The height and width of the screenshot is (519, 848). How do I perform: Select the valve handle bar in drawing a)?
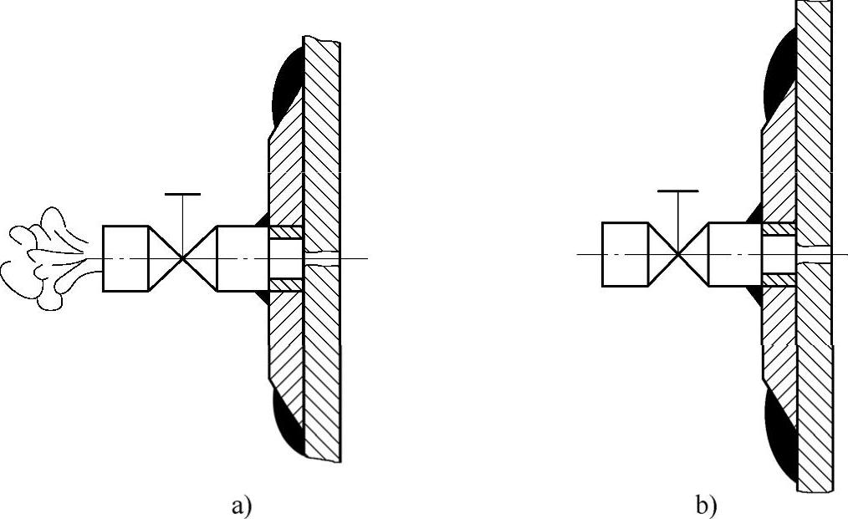coord(182,195)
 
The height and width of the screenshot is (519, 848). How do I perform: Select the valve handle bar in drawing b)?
coord(677,191)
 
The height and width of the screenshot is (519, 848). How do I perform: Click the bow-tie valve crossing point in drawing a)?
coord(182,258)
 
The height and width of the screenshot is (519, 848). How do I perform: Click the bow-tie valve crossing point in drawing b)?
coord(677,254)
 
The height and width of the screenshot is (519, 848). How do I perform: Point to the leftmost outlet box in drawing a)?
coord(125,258)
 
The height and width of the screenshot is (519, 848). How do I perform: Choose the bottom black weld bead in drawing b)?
coord(781,439)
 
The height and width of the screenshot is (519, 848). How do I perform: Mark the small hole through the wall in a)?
coord(322,258)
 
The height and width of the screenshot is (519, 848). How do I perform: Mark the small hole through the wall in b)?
coord(814,254)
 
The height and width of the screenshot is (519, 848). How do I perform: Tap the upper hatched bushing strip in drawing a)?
coord(285,232)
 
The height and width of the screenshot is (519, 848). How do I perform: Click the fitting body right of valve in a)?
coord(242,258)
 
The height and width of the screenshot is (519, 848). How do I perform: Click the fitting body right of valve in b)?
coord(734,254)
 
